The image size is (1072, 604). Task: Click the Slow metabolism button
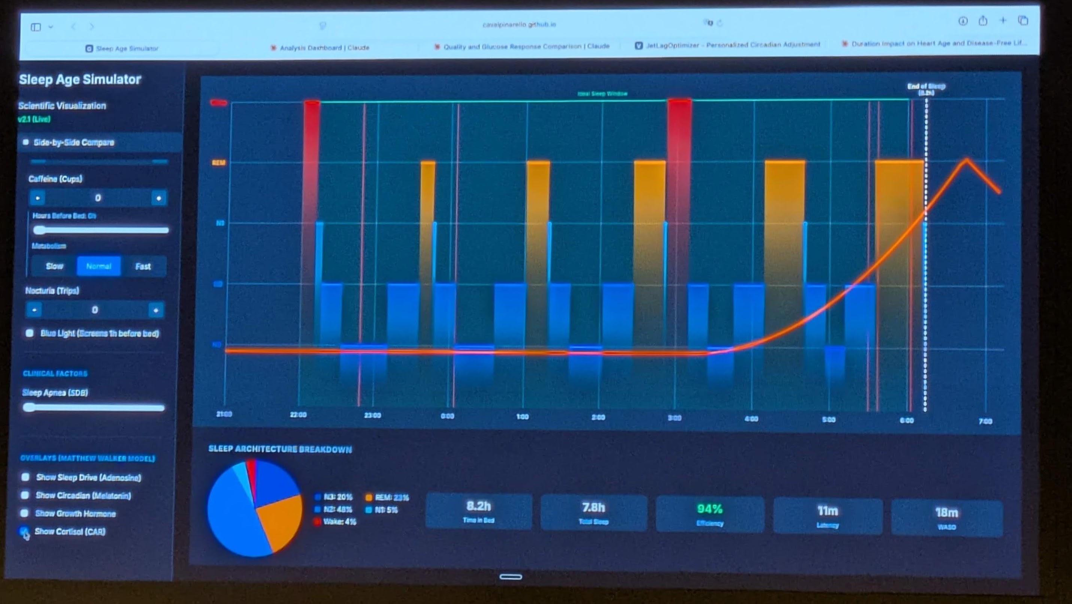pyautogui.click(x=55, y=266)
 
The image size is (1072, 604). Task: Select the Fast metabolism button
pyautogui.click(x=143, y=266)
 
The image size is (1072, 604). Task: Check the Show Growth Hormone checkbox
pyautogui.click(x=25, y=513)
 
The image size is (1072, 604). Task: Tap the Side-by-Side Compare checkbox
pyautogui.click(x=26, y=142)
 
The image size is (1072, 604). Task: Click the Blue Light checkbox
pyautogui.click(x=30, y=333)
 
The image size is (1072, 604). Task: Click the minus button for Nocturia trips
pyautogui.click(x=34, y=310)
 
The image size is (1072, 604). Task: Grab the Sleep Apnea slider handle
pyautogui.click(x=29, y=407)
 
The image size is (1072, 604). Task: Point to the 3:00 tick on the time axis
pyautogui.click(x=674, y=417)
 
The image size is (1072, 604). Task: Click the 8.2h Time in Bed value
pyautogui.click(x=479, y=506)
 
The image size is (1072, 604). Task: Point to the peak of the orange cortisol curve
pyautogui.click(x=966, y=159)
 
